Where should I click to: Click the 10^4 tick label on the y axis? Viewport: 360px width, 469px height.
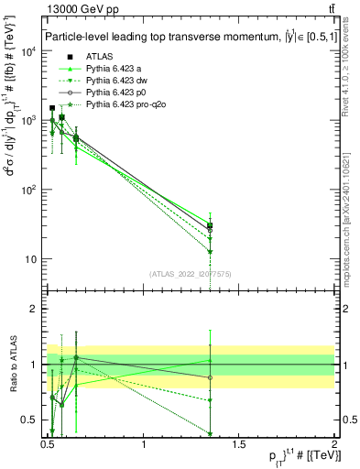[x=27, y=51]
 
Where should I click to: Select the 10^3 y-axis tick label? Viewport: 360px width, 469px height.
[x=27, y=120]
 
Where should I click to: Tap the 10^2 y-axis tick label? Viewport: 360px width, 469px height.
[x=27, y=190]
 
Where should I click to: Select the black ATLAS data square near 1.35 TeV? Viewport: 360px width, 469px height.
[x=211, y=225]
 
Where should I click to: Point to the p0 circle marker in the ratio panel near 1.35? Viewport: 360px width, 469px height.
[x=211, y=377]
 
